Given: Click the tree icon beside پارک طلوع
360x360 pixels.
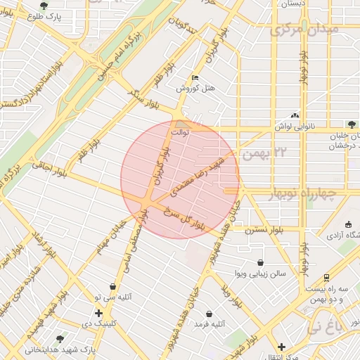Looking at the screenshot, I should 44,6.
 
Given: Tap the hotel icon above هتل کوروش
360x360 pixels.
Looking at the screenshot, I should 195,78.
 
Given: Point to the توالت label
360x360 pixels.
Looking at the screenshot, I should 181,131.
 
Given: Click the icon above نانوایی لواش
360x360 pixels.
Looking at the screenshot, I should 294,116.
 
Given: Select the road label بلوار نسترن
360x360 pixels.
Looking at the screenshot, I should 264,230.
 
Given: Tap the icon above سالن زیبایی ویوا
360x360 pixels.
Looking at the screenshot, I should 262,262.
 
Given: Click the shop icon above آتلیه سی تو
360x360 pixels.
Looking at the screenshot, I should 112,286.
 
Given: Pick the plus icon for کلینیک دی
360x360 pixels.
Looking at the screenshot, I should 98,313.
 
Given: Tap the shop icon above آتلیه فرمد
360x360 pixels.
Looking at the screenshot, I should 208,314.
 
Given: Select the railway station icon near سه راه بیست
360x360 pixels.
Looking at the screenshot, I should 326,278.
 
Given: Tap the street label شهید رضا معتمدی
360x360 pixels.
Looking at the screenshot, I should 201,174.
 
